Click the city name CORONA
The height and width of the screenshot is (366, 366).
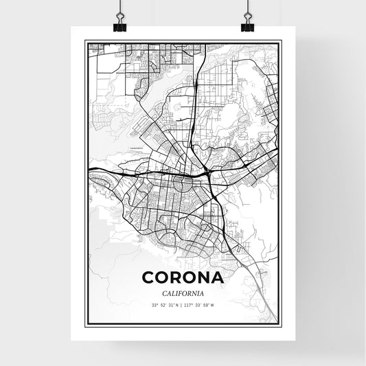point(183,278)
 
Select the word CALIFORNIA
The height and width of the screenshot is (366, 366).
point(183,294)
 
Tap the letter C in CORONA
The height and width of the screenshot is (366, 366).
point(148,278)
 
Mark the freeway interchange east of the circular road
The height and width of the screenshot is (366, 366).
point(207,171)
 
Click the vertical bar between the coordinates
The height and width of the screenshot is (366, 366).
point(183,305)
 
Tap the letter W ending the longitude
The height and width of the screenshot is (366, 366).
point(214,305)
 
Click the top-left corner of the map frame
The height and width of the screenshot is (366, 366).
point(86,42)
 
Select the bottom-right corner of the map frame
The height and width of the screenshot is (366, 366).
point(280,324)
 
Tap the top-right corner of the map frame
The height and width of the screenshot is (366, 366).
point(280,42)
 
